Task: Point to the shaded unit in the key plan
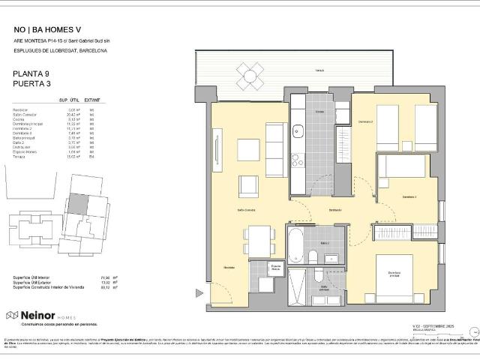[78, 204]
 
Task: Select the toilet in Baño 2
[313, 256]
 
